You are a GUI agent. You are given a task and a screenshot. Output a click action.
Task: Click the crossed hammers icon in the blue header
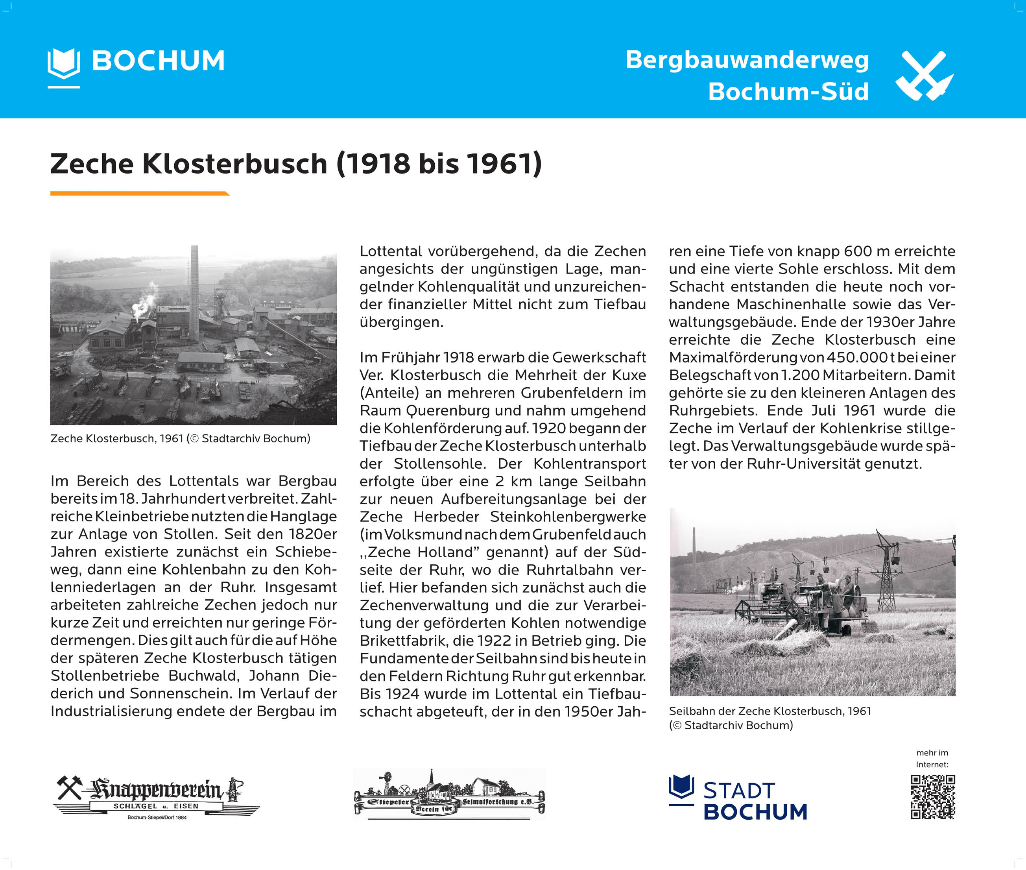[x=924, y=76]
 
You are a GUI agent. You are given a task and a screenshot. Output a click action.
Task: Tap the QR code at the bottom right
[x=932, y=796]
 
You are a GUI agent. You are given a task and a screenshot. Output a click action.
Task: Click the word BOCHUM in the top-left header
[x=158, y=61]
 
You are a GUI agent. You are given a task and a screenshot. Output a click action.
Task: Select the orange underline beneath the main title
[x=140, y=193]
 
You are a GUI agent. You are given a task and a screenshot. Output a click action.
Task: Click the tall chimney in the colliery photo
[x=194, y=293]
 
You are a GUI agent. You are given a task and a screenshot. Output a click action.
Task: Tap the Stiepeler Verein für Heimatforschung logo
[x=449, y=794]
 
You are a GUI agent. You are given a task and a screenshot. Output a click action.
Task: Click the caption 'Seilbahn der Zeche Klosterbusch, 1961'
[x=769, y=711]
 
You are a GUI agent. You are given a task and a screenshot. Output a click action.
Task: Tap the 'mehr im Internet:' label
[x=932, y=759]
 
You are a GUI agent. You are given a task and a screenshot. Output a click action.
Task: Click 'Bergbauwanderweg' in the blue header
[x=747, y=60]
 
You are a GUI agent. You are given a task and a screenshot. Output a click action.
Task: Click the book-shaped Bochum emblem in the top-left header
[x=64, y=65]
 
